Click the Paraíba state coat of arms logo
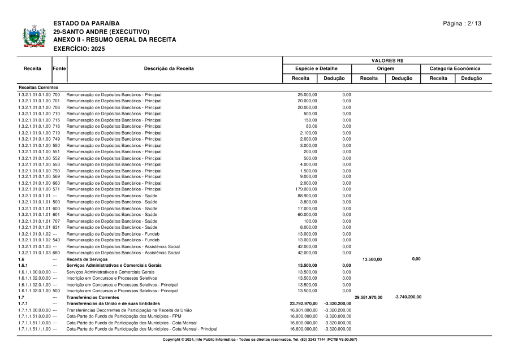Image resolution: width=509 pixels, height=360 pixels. click(34, 37)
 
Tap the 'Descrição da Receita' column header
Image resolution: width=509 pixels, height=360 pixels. click(169, 68)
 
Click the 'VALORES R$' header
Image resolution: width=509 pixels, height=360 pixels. click(387, 60)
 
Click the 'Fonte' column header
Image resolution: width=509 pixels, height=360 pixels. click(59, 68)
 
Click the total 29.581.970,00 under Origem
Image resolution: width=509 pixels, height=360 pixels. click(368, 297)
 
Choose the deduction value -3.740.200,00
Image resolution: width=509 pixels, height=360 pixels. click(407, 297)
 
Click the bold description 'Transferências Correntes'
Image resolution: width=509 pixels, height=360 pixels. click(93, 297)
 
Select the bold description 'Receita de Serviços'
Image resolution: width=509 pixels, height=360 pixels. click(87, 259)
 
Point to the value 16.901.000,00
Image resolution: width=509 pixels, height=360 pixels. click(303, 310)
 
